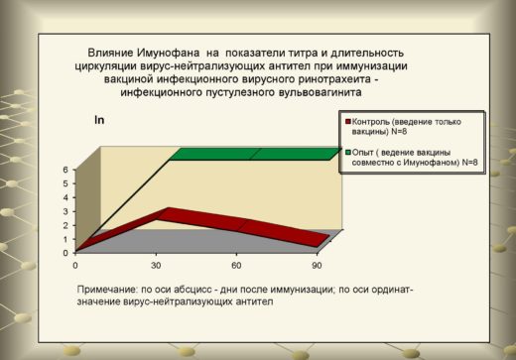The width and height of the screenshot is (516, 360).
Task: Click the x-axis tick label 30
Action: tap(156, 266)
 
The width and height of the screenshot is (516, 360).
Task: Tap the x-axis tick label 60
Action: tap(236, 266)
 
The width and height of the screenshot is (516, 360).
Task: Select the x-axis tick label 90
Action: tap(317, 266)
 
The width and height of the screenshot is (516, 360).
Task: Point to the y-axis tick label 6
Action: tap(65, 170)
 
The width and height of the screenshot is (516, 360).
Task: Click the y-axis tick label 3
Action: tap(65, 211)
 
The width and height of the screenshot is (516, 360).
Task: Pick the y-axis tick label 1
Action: tap(65, 239)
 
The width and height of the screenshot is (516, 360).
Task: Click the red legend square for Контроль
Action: tap(347, 122)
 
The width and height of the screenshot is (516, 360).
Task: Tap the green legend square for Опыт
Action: tap(347, 153)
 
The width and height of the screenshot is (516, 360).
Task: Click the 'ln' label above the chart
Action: tap(99, 120)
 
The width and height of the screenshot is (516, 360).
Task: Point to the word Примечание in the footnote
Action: tap(106, 290)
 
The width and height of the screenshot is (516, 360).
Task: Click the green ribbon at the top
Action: tap(256, 154)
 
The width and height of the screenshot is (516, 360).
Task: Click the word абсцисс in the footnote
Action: tap(190, 290)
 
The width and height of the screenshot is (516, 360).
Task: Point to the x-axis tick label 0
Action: tap(75, 266)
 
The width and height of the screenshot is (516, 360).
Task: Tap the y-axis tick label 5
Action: tap(65, 183)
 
